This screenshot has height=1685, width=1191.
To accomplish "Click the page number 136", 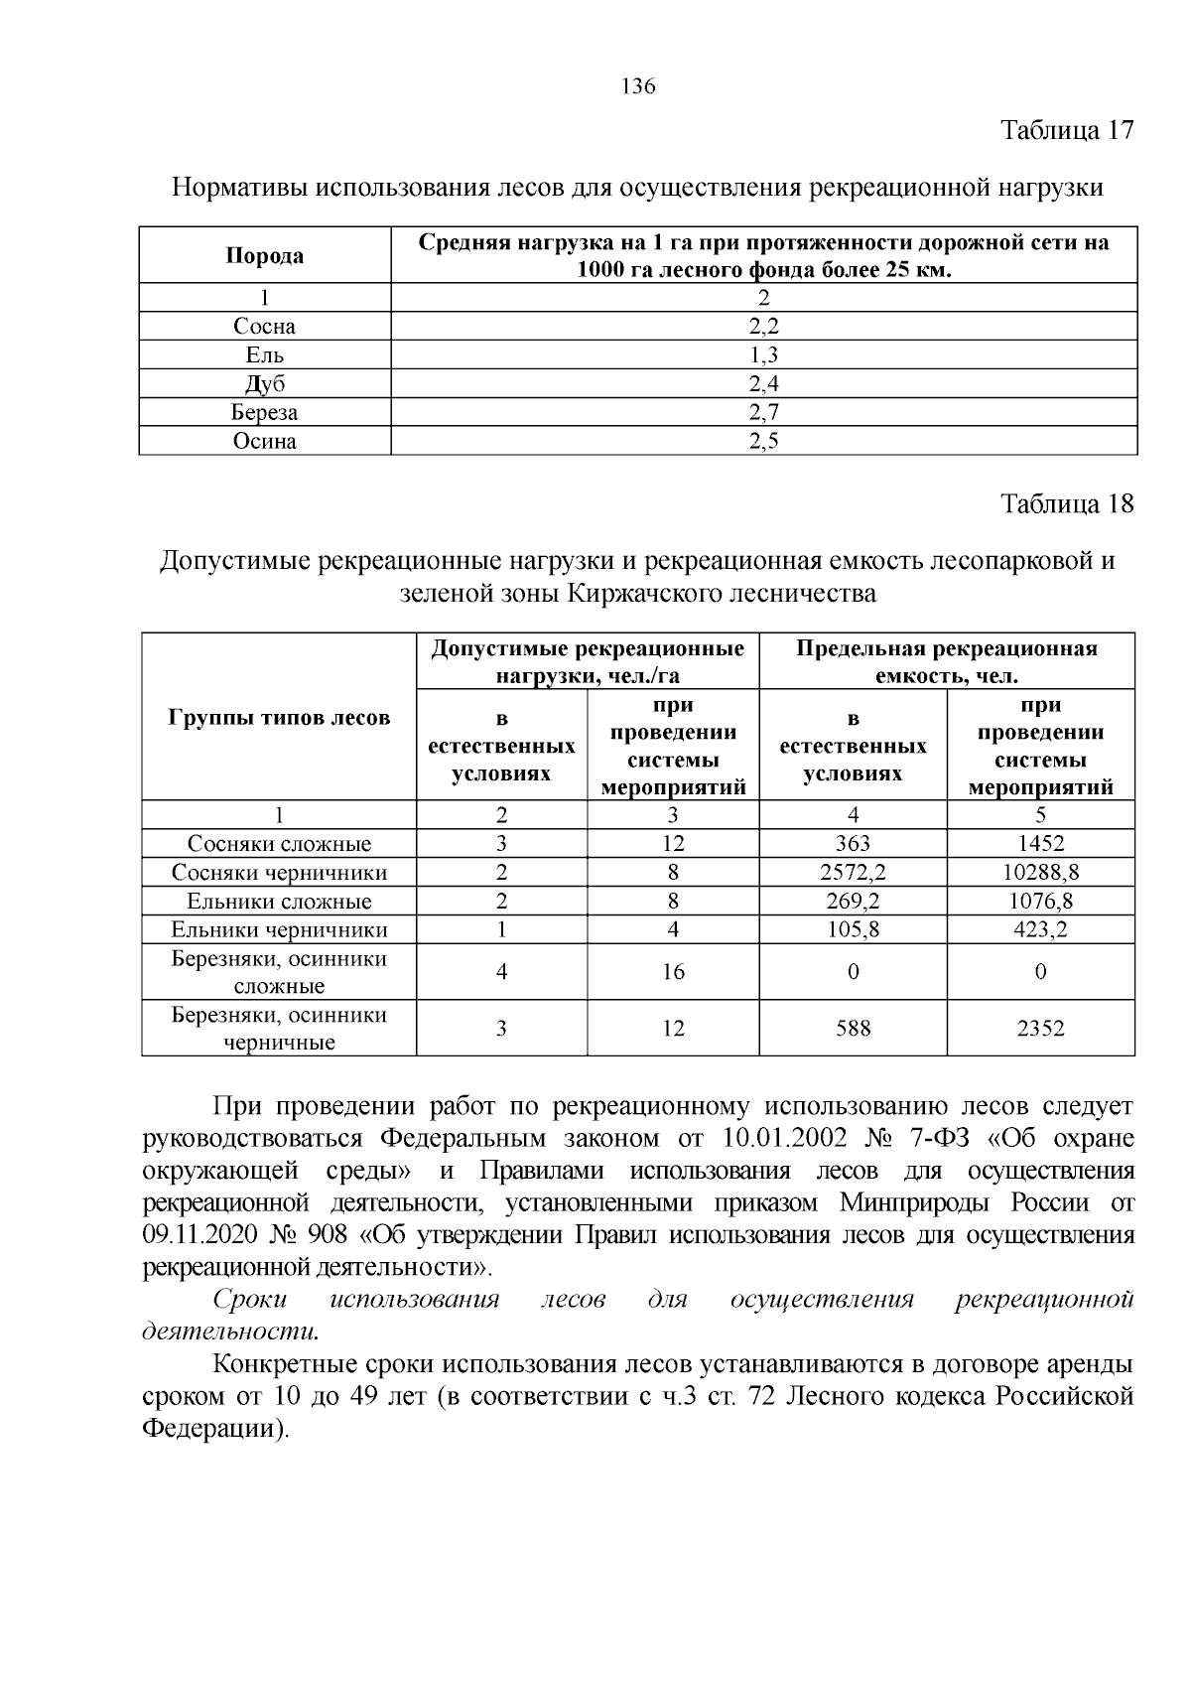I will (638, 86).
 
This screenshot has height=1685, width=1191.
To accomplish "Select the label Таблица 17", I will (1067, 131).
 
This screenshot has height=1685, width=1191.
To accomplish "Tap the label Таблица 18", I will (1067, 503).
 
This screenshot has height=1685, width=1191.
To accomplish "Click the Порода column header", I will (264, 256).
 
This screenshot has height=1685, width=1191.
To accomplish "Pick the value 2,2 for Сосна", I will (763, 327).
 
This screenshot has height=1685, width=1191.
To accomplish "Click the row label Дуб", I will (264, 384).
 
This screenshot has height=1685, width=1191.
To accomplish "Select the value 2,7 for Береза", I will (763, 412).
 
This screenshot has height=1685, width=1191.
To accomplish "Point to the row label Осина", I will (264, 441).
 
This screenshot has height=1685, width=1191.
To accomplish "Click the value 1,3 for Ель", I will (763, 355).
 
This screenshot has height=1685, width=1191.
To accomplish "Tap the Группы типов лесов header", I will (279, 717).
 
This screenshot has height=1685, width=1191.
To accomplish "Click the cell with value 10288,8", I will (1040, 873).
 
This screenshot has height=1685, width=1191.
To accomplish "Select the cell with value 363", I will (853, 844).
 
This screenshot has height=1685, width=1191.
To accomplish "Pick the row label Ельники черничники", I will (279, 930).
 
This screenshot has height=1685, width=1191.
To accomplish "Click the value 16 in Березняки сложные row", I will (673, 972).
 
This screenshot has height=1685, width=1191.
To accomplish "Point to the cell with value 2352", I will (1040, 1029).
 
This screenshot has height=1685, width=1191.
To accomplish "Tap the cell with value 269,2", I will (853, 902).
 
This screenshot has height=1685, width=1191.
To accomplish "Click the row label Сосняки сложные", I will (279, 844).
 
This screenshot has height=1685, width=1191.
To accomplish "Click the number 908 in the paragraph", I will (329, 1235).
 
